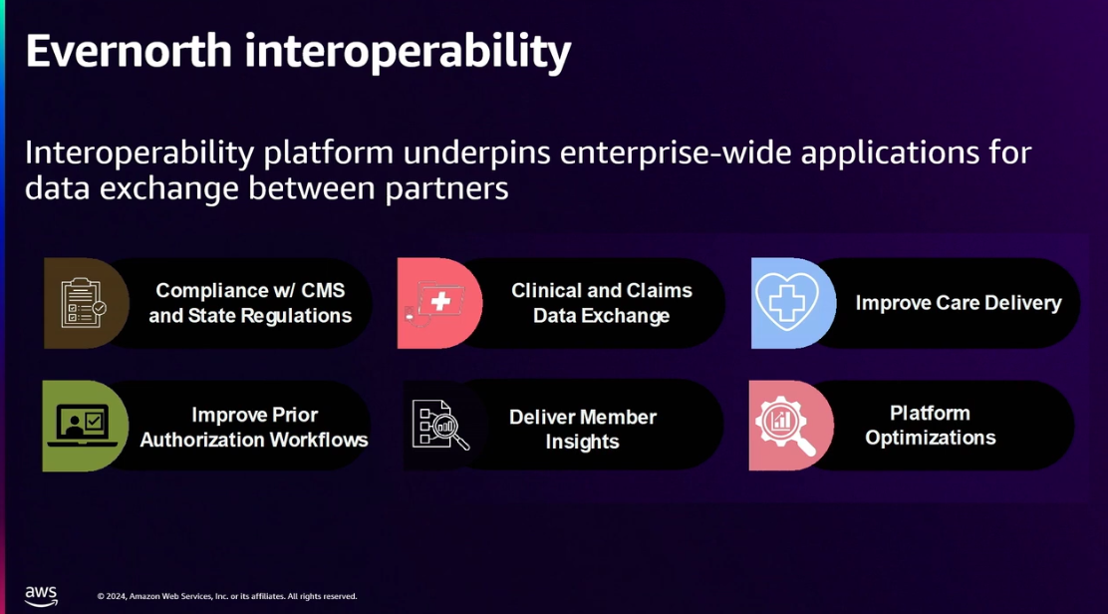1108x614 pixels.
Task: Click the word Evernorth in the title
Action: [x=129, y=51]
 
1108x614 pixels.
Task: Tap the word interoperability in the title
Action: [x=408, y=53]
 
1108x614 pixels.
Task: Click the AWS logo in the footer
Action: [x=41, y=596]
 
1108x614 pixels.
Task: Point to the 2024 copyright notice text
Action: [x=227, y=596]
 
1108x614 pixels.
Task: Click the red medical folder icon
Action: [x=435, y=303]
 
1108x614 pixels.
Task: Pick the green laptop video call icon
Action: [x=83, y=426]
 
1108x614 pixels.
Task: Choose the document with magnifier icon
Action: [x=440, y=426]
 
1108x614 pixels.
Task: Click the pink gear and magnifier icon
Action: [x=785, y=426]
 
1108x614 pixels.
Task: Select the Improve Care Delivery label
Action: [x=959, y=303]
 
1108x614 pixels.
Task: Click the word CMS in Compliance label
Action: [x=323, y=290]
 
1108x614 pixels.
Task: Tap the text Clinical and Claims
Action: [x=602, y=290]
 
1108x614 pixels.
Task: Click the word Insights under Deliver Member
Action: [x=582, y=442]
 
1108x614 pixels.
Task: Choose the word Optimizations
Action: [x=930, y=438]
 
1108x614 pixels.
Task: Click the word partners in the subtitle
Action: [x=446, y=189]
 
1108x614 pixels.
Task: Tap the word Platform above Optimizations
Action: [x=930, y=414]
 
